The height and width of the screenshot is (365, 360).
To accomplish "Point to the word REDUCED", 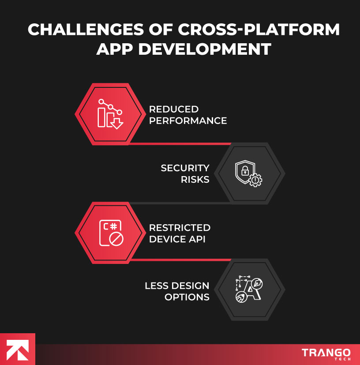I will click(x=174, y=109).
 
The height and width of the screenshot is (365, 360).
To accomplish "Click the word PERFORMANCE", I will click(x=188, y=120).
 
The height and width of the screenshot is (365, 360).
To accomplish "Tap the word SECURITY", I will click(x=185, y=168).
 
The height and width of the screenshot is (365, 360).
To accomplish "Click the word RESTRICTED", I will click(x=180, y=228).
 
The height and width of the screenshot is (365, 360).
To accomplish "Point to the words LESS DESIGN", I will click(x=177, y=286).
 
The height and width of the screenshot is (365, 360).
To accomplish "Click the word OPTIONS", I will click(x=187, y=297).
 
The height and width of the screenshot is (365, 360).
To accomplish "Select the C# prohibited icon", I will click(x=111, y=233).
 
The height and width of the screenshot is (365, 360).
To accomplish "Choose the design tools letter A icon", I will click(x=248, y=290).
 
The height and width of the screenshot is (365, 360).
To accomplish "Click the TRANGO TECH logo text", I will click(x=326, y=354).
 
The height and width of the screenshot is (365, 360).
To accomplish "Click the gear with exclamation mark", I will click(x=255, y=180).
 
